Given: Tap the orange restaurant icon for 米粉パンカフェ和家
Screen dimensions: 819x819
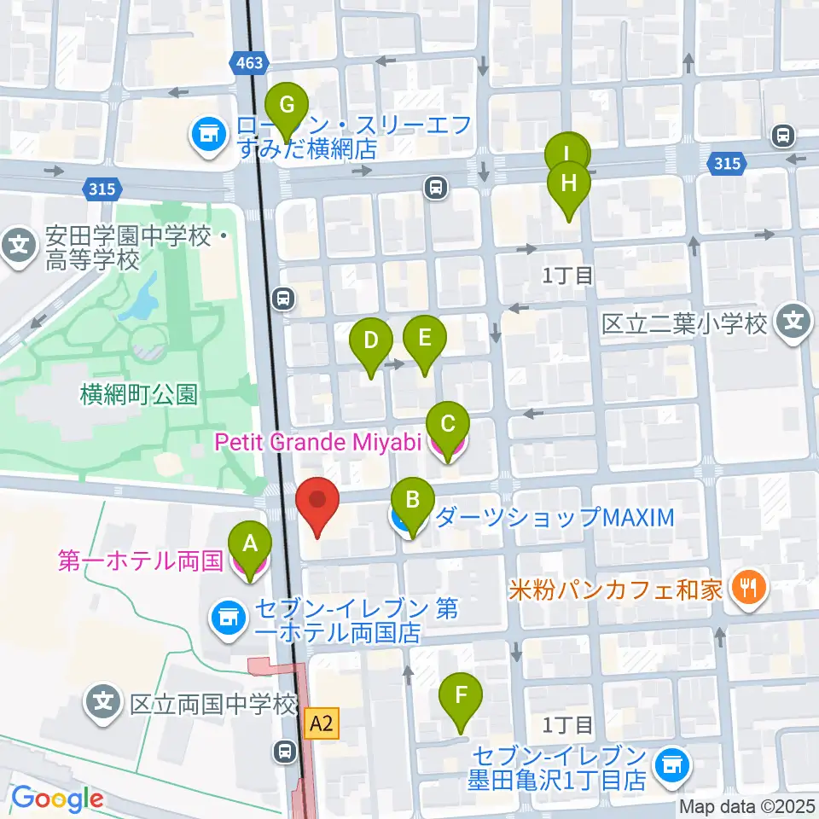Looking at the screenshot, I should (x=751, y=589).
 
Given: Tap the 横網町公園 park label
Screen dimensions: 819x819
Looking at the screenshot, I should (x=139, y=394).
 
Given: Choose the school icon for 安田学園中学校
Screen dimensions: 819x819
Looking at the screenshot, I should (x=18, y=245).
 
